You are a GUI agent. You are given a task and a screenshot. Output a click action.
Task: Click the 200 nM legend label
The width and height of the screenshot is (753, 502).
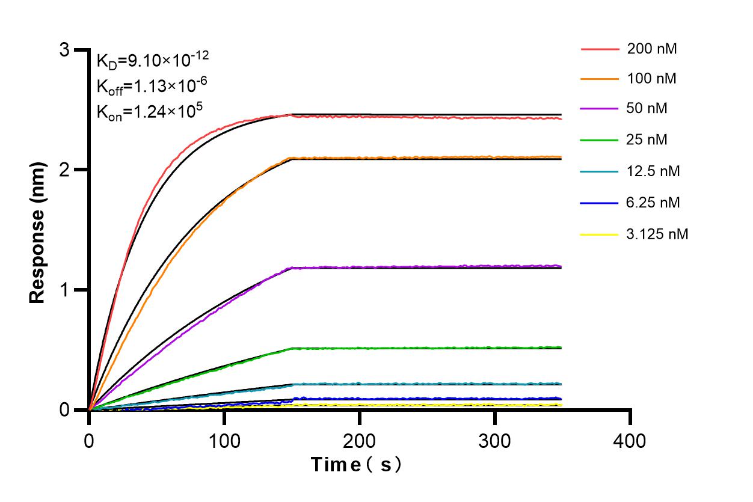tap(652, 49)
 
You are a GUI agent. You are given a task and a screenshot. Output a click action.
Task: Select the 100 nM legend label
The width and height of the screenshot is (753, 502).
tap(652, 79)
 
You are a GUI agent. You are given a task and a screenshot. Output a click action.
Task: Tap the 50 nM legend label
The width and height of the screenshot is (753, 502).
tap(647, 109)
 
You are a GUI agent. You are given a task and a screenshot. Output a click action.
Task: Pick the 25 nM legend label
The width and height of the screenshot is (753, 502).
tap(647, 140)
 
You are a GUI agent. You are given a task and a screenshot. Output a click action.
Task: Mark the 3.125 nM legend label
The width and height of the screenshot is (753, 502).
tap(657, 234)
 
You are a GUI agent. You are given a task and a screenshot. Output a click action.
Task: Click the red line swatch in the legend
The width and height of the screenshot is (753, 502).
tap(600, 49)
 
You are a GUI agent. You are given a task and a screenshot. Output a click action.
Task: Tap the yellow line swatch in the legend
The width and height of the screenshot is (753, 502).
tap(600, 234)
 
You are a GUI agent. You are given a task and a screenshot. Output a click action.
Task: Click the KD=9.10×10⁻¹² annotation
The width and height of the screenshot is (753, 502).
tap(153, 60)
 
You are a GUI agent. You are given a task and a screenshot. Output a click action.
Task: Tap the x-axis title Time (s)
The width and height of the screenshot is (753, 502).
tap(356, 464)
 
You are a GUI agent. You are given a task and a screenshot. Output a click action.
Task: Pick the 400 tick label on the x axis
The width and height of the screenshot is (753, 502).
tap(630, 441)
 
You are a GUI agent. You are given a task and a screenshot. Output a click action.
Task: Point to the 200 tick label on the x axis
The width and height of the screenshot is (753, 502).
tap(360, 441)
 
